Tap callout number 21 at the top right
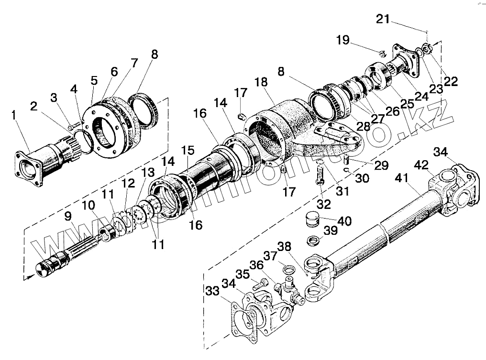(x=383, y=19)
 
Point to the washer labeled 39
(x=314, y=239)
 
